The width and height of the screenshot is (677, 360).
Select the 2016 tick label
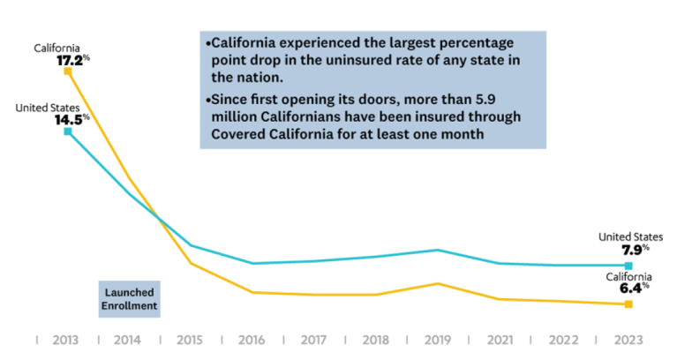(x=253, y=339)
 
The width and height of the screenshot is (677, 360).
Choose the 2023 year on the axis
(x=628, y=339)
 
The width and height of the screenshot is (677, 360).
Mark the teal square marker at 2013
(x=68, y=131)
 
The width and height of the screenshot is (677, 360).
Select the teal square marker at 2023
(x=628, y=266)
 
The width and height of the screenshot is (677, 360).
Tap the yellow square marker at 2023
(x=628, y=304)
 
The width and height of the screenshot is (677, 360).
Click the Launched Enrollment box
(x=128, y=299)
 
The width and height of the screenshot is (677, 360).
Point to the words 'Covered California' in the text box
(x=267, y=133)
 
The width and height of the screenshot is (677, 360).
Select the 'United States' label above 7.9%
(x=630, y=236)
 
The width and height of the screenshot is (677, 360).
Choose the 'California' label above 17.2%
(x=58, y=47)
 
